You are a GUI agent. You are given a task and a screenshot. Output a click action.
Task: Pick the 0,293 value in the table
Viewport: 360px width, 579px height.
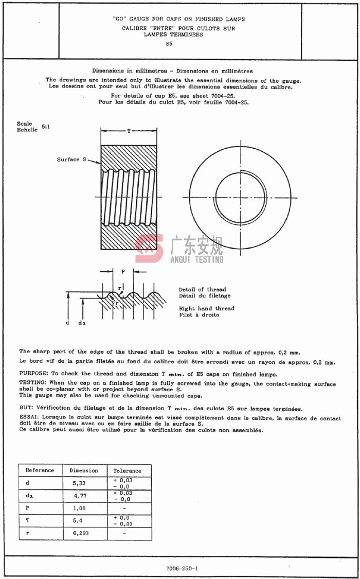pos(81,533)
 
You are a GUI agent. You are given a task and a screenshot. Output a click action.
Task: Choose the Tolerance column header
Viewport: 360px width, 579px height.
pos(127,470)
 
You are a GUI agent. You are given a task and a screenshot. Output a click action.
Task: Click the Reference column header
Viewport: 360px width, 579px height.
pos(40,470)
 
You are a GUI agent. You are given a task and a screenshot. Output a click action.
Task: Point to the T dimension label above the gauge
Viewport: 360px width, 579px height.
pos(129,132)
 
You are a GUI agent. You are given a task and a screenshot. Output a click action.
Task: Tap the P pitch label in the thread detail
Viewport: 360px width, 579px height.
pos(123,271)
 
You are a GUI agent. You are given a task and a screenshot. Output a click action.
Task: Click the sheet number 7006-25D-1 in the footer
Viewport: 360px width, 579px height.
pos(182,568)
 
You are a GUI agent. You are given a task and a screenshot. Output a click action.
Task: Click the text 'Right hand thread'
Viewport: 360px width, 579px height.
pos(206,308)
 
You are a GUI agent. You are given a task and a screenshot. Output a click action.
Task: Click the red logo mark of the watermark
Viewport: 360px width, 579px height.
pos(150,249)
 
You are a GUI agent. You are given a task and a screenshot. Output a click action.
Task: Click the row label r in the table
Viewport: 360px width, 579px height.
pos(27,533)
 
